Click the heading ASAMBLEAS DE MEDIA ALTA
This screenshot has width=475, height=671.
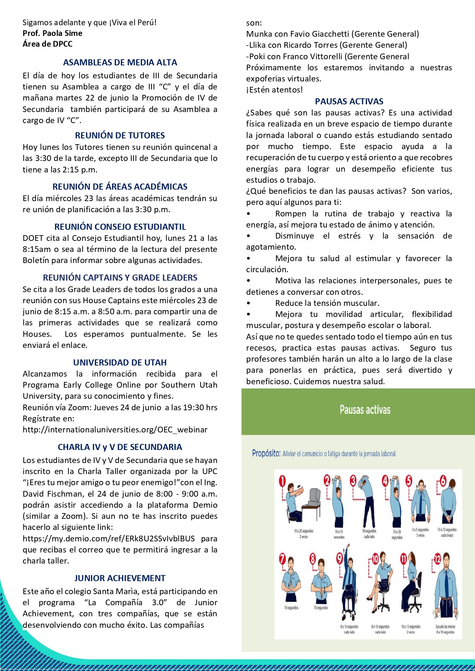120,62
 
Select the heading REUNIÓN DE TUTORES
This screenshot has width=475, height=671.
120,135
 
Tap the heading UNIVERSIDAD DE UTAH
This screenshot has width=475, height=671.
120,362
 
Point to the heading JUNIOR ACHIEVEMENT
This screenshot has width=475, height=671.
120,578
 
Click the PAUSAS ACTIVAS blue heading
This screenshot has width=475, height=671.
349,101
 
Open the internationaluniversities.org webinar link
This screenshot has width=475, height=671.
115,430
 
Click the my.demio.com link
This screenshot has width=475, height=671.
109,539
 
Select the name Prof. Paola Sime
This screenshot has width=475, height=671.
52,33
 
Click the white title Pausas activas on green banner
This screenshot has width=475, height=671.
365,410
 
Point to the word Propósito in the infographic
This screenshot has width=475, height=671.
266,453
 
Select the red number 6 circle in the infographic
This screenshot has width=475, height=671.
443,480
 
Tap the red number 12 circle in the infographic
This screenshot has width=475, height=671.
437,559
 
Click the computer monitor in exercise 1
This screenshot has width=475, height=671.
315,496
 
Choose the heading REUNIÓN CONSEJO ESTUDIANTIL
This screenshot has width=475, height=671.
120,227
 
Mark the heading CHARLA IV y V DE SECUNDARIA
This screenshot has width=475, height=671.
120,447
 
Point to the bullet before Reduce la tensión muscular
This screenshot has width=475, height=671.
248,304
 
